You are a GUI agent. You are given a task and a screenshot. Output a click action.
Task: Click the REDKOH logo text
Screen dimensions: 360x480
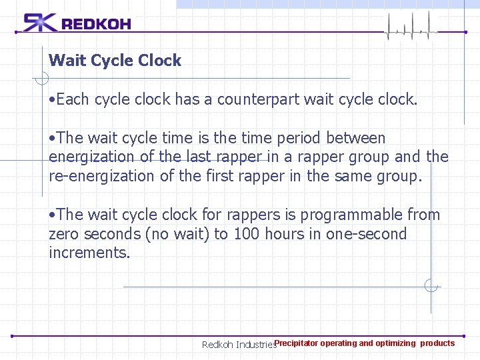point(96,25)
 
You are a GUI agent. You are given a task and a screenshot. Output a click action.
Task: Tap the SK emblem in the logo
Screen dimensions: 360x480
point(40,23)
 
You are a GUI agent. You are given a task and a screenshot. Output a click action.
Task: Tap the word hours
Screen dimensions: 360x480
point(285,234)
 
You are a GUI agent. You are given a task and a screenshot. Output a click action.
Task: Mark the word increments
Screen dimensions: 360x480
point(89,253)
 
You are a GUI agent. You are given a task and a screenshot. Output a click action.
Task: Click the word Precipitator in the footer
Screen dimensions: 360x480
point(296,343)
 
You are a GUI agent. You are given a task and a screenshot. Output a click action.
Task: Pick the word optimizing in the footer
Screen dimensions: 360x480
point(395,343)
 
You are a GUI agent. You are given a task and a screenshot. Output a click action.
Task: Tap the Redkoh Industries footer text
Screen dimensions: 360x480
point(238,345)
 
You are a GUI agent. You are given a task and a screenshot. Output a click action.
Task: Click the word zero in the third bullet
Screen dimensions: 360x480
point(64,234)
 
